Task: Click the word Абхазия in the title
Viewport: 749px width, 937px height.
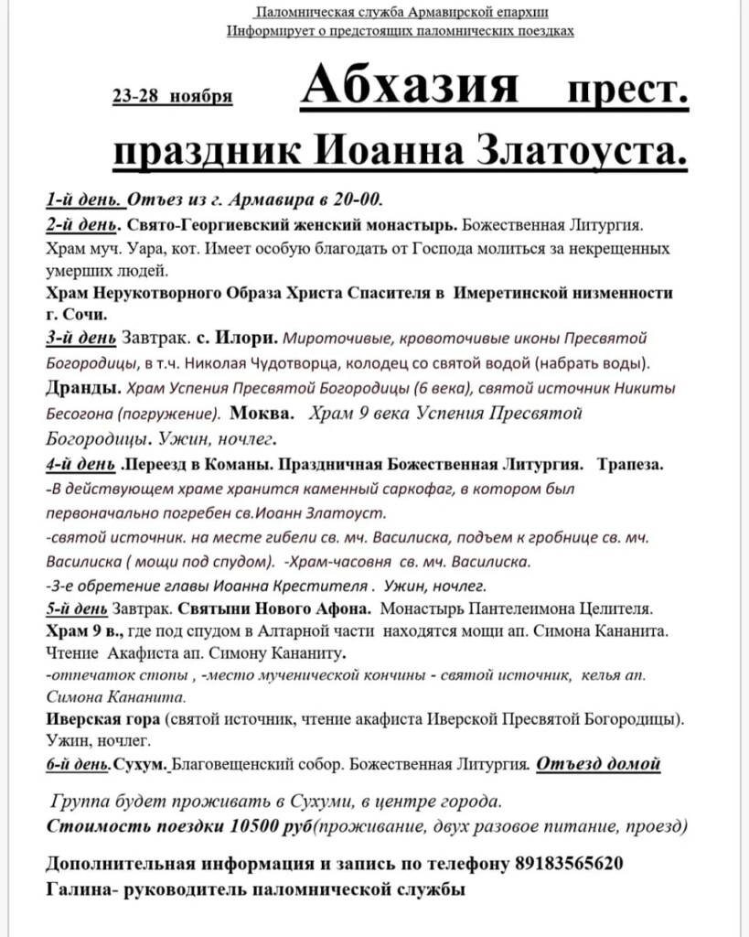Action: (x=410, y=91)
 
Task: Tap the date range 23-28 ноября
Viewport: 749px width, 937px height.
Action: (x=172, y=97)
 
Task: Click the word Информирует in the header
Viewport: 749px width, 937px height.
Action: (x=270, y=30)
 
